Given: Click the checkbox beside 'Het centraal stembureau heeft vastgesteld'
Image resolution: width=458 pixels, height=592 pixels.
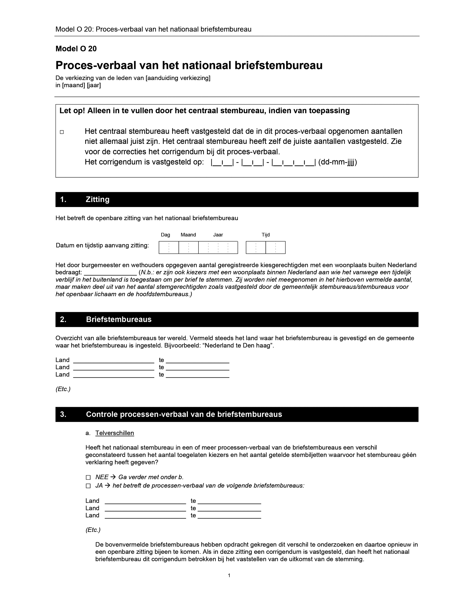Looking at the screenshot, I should coord(62,132).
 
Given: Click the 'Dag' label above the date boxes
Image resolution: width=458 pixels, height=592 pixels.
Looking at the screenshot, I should coord(165,235).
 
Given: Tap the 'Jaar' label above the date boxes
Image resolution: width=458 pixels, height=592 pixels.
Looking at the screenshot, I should coord(218,235).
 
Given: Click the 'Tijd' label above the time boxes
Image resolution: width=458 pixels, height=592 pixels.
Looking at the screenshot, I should coord(265,235).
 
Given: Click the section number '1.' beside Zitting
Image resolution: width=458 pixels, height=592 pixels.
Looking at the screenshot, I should coord(63,200).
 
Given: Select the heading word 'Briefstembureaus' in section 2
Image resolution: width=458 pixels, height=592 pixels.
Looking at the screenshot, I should coord(119,319).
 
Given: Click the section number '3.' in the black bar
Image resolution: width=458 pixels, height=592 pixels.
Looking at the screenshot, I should coord(63,414).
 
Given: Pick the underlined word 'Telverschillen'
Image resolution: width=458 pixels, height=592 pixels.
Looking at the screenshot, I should coord(114,433).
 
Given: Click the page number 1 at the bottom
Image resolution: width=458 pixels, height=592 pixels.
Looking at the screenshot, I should coord(229,575).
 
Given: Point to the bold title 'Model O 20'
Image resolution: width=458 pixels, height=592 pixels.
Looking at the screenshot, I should coord(76,49).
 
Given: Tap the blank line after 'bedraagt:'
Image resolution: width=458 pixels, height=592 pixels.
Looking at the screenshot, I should coord(110,273).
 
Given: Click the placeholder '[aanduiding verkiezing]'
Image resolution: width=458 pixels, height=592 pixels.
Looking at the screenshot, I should coord(178,78).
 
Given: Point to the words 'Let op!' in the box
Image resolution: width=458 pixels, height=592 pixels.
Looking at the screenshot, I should coord(72,110).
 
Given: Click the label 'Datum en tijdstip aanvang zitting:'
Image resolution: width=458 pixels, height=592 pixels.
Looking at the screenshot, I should coord(102,245).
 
